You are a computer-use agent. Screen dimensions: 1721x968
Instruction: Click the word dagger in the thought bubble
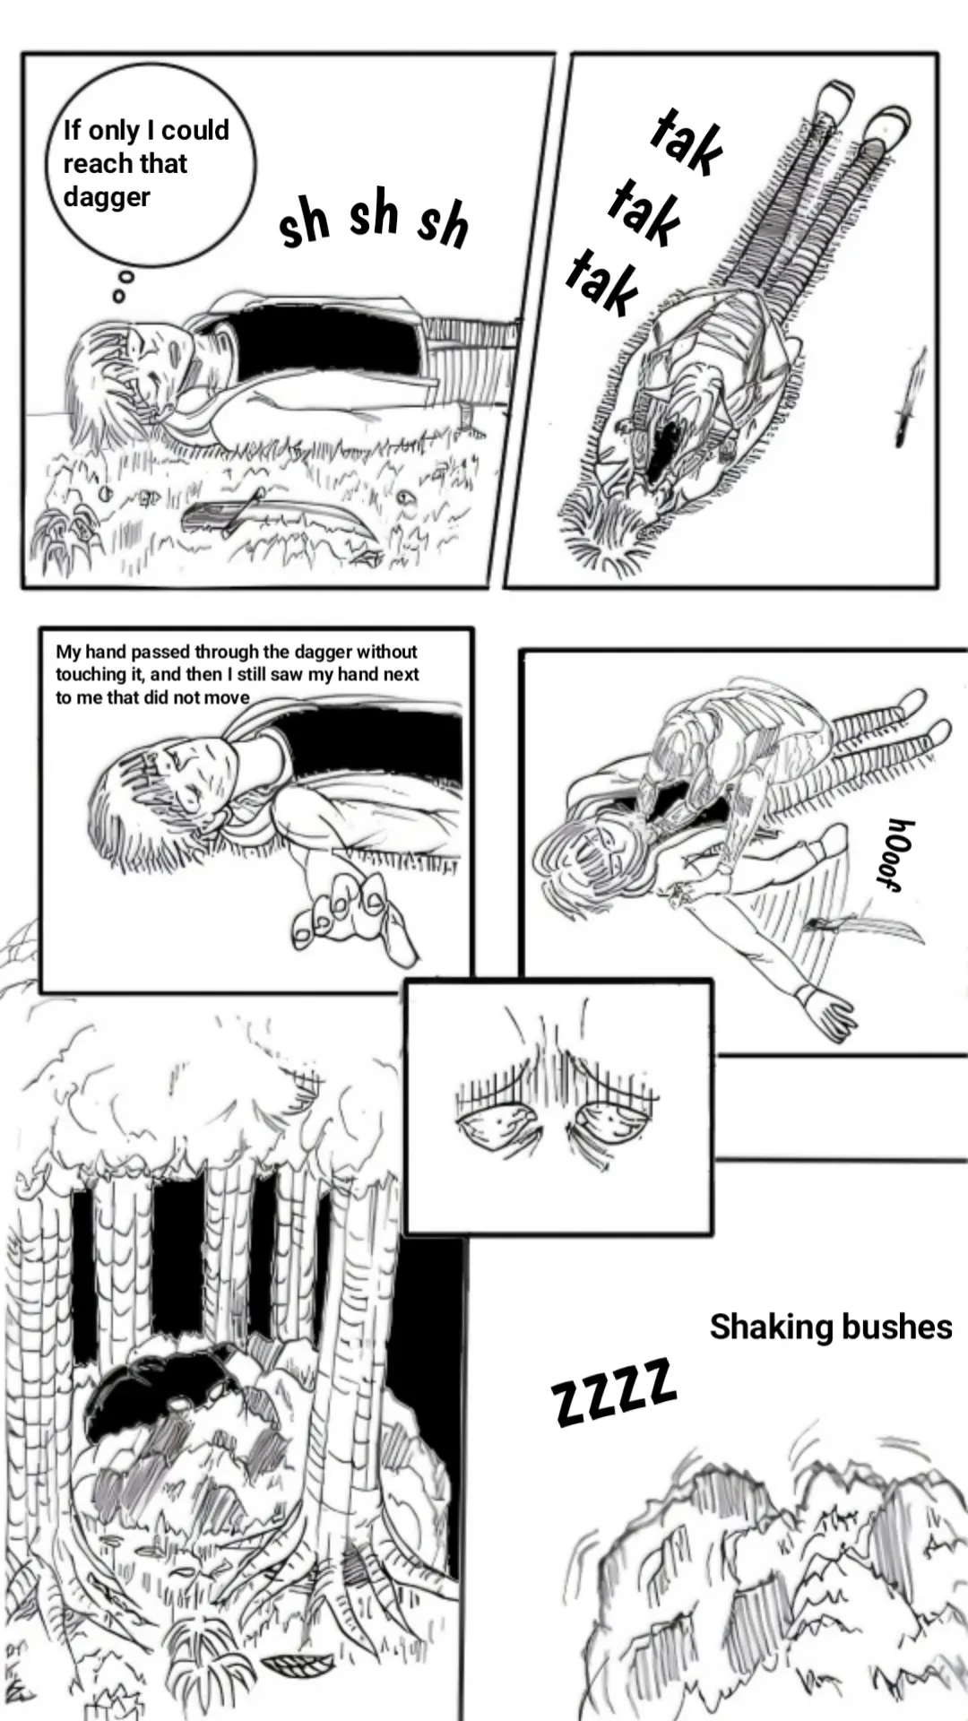click(x=107, y=197)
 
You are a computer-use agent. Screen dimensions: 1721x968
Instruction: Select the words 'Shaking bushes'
click(x=830, y=1327)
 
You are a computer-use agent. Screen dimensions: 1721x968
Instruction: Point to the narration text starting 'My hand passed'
click(x=237, y=674)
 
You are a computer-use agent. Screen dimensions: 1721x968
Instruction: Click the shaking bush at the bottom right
click(x=771, y=1578)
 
